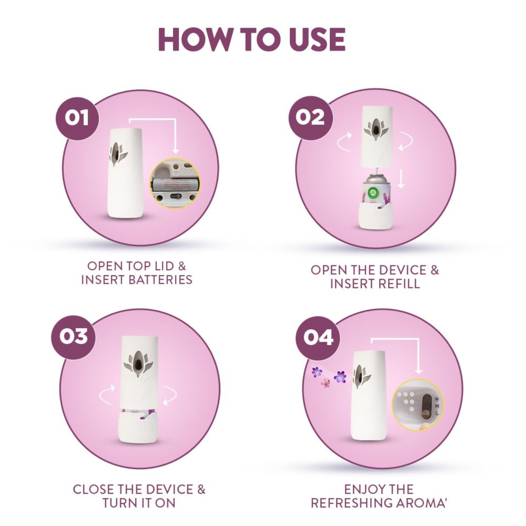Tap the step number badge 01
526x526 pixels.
click(77, 118)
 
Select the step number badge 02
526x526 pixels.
click(310, 117)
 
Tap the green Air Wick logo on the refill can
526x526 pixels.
click(373, 192)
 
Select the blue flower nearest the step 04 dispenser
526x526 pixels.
click(340, 377)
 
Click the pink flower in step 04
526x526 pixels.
click(325, 383)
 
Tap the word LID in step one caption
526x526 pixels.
click(156, 266)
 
